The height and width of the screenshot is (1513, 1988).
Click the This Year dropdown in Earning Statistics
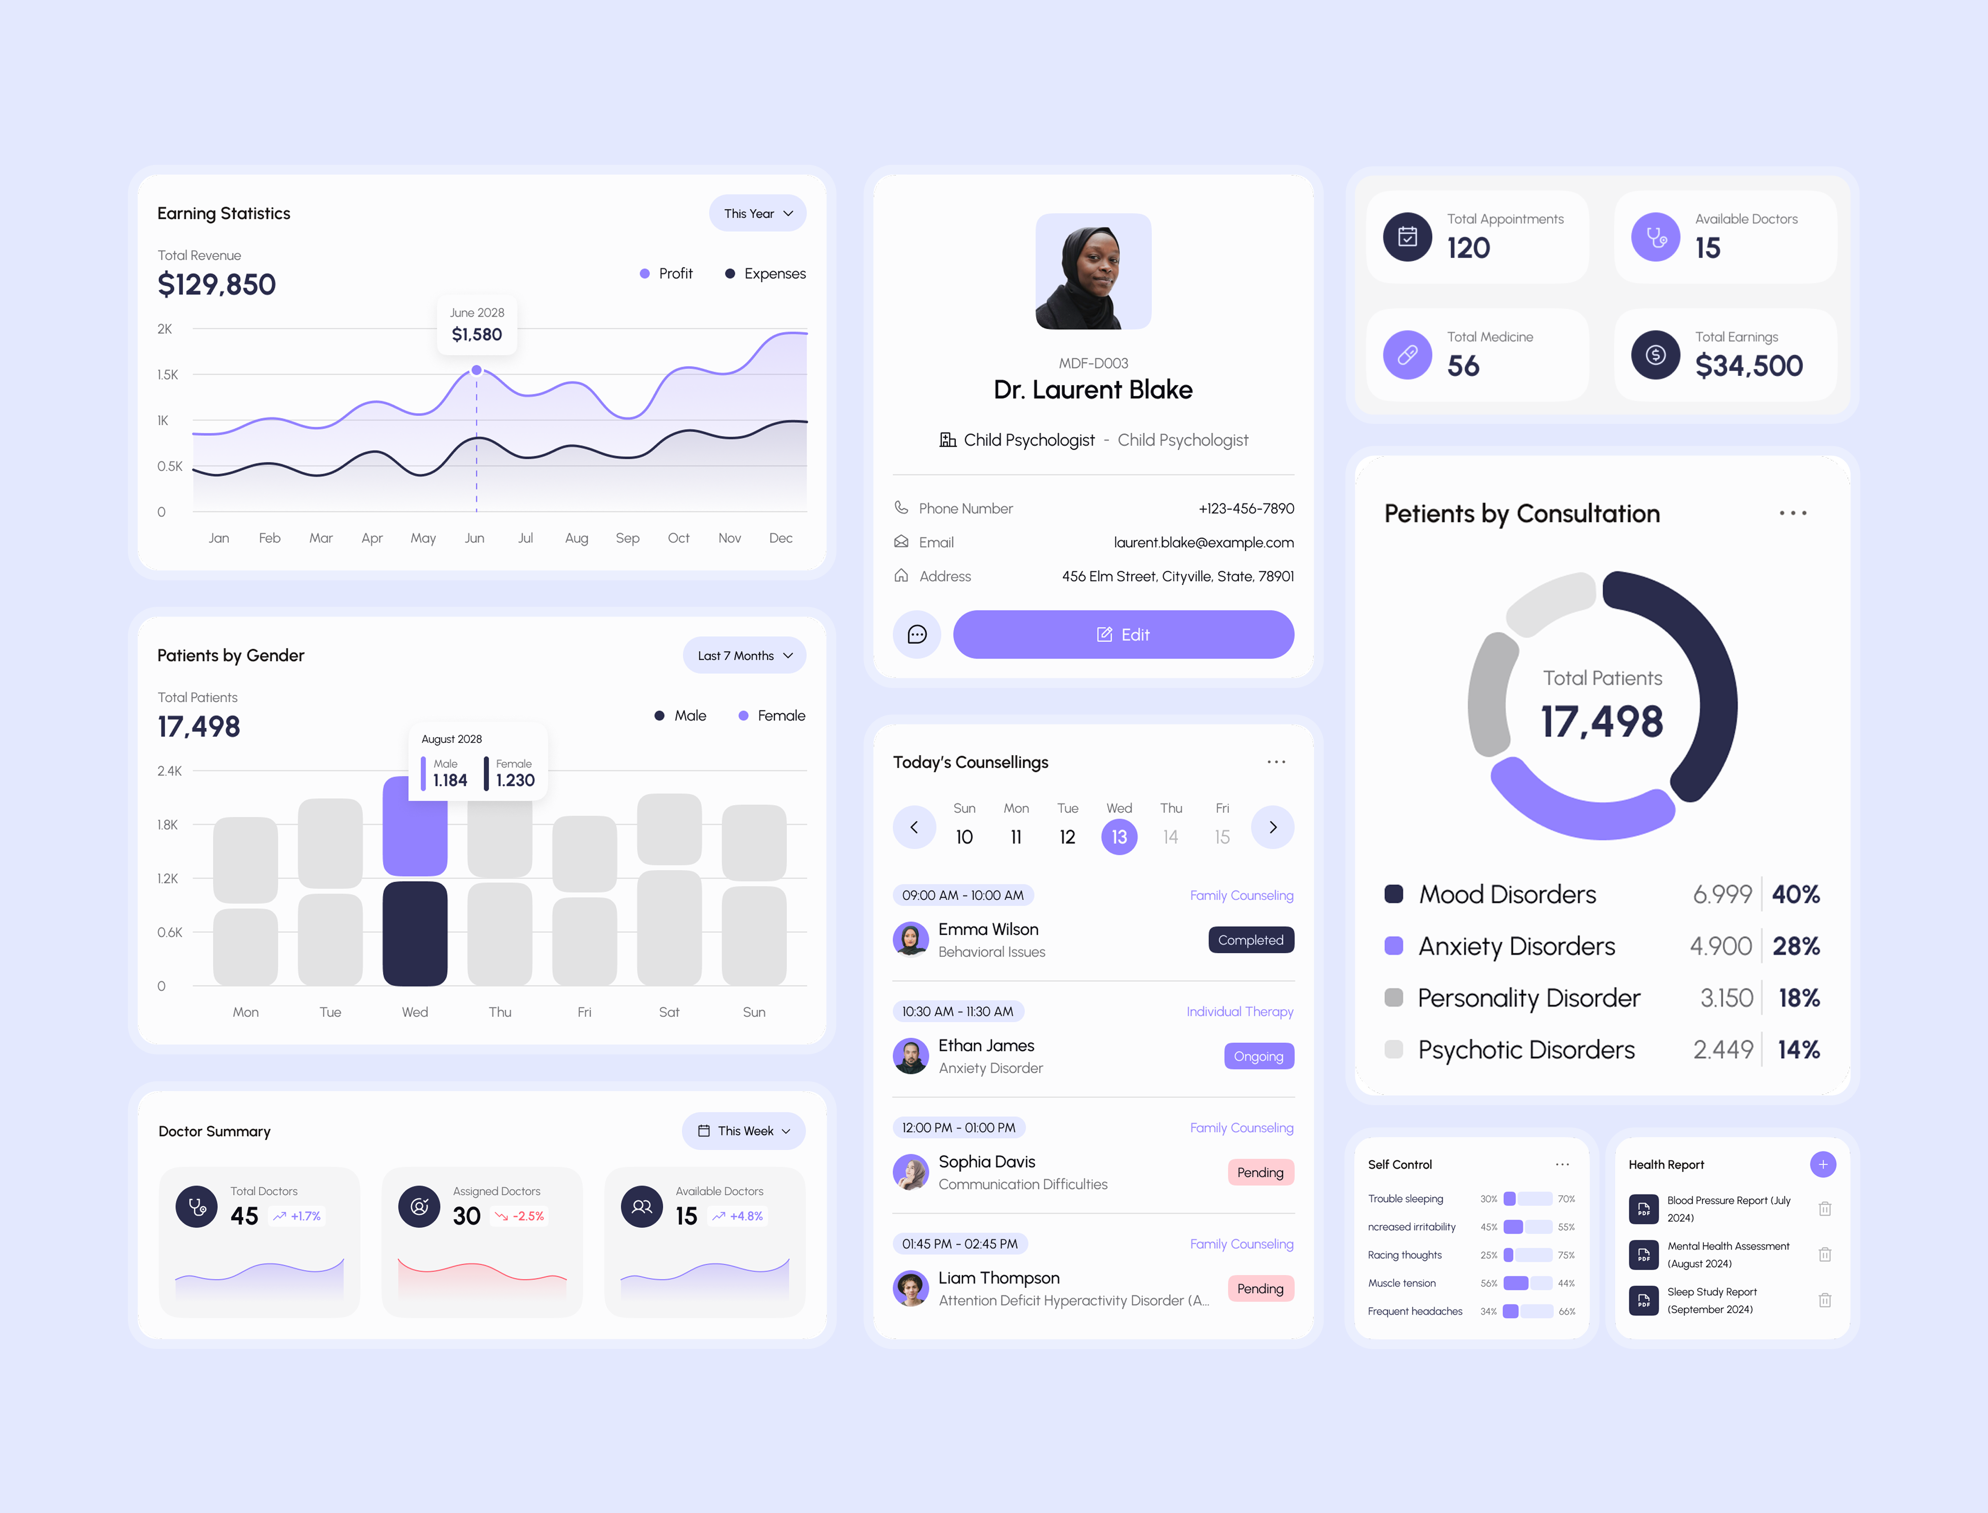pyautogui.click(x=757, y=213)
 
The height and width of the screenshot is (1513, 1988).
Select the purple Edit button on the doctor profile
pyautogui.click(x=1123, y=635)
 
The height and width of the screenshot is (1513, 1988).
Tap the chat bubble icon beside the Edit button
pyautogui.click(x=916, y=635)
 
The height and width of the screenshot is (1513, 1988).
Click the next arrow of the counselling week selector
pyautogui.click(x=1272, y=827)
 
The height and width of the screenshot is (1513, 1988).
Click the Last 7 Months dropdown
pyautogui.click(x=744, y=656)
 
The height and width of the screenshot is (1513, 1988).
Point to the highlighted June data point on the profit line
pyautogui.click(x=476, y=370)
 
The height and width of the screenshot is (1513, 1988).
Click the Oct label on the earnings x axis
pyautogui.click(x=678, y=538)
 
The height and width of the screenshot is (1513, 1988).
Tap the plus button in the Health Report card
pyautogui.click(x=1822, y=1164)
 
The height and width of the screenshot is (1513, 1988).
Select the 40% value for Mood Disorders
pyautogui.click(x=1796, y=894)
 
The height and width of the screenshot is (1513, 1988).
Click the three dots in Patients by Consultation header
pyautogui.click(x=1792, y=514)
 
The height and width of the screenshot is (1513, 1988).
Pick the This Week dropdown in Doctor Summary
pyautogui.click(x=744, y=1131)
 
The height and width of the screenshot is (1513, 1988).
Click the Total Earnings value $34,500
pyautogui.click(x=1748, y=366)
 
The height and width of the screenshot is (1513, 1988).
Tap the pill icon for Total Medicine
pyautogui.click(x=1407, y=355)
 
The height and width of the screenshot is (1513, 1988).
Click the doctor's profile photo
pyautogui.click(x=1093, y=271)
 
